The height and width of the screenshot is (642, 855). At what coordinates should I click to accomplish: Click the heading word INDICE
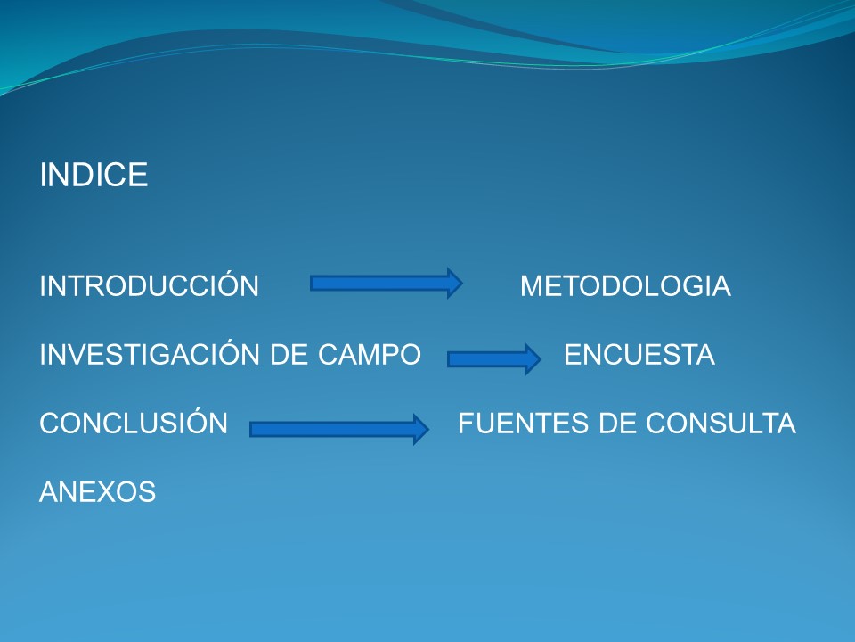click(94, 175)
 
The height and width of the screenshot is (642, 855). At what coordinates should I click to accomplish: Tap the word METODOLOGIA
click(625, 286)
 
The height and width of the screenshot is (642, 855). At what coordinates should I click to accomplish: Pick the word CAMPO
click(369, 354)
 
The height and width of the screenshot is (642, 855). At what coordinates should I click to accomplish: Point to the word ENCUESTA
click(639, 355)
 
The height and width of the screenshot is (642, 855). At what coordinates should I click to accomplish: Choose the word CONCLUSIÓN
click(134, 421)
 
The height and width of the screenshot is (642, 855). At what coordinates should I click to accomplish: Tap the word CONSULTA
click(721, 423)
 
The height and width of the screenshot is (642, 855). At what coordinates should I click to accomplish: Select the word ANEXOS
click(98, 492)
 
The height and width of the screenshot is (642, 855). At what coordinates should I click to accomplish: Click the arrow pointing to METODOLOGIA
click(387, 284)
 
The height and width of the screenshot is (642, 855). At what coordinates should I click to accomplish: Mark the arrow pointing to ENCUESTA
click(494, 359)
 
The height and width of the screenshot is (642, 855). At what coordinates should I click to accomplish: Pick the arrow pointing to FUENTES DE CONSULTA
click(339, 429)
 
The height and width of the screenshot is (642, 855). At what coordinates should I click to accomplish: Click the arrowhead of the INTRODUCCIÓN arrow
click(455, 284)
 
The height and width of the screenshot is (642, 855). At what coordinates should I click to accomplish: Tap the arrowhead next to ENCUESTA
click(533, 359)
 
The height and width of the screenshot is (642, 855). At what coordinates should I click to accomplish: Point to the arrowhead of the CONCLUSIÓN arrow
click(421, 429)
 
